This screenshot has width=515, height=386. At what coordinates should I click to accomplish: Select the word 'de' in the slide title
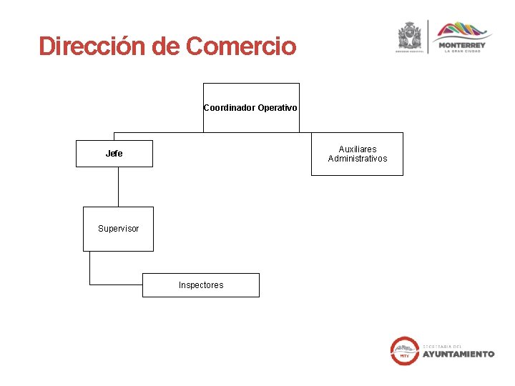(x=165, y=46)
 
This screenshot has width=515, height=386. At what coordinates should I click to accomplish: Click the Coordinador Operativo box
(x=251, y=107)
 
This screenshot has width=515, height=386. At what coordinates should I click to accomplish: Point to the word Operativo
(x=278, y=108)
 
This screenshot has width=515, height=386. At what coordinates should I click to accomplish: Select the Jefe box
(x=114, y=154)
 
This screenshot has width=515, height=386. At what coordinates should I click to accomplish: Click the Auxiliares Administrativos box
(x=357, y=154)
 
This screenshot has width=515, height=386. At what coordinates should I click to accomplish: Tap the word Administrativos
(x=357, y=159)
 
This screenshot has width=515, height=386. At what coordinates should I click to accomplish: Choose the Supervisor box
(x=118, y=229)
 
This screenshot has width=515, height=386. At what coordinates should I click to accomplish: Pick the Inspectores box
(x=201, y=285)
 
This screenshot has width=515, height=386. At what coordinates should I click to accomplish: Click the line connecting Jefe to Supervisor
(x=118, y=187)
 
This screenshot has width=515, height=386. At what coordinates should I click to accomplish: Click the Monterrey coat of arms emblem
(x=410, y=36)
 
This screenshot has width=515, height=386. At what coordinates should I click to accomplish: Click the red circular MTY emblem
(x=404, y=351)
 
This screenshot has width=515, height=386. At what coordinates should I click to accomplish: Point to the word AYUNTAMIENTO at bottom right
(x=458, y=354)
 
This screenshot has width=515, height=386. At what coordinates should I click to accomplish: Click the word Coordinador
(x=229, y=108)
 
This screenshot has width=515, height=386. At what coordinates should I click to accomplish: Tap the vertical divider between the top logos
(x=428, y=36)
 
